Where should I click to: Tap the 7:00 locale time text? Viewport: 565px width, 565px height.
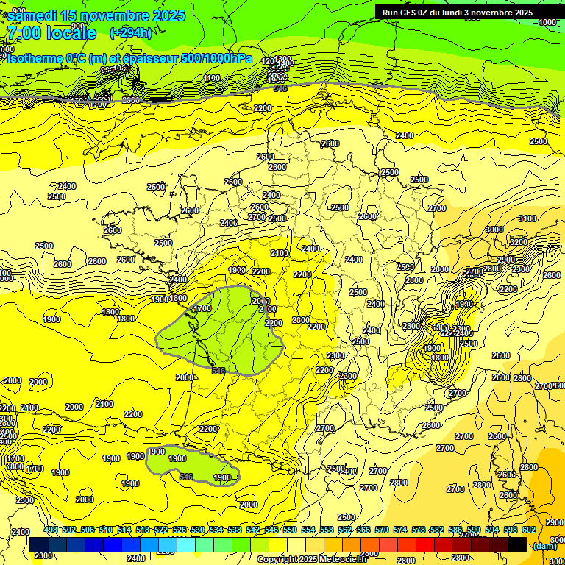(x=51, y=33)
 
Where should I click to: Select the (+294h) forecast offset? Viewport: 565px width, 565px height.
(x=131, y=32)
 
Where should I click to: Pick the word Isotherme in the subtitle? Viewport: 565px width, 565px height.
(x=35, y=59)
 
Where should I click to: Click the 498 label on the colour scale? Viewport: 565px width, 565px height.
(x=51, y=530)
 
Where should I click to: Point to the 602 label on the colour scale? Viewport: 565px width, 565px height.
(x=528, y=530)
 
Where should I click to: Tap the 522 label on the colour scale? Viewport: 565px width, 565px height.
(x=161, y=530)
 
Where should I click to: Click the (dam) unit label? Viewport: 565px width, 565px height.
(x=544, y=545)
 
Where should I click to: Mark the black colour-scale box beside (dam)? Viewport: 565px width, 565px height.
(x=517, y=544)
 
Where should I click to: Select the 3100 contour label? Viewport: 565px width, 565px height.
(x=527, y=218)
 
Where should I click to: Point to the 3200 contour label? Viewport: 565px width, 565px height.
(x=518, y=242)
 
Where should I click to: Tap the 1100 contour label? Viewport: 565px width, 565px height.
(x=212, y=78)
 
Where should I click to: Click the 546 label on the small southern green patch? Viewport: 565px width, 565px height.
(x=187, y=477)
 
